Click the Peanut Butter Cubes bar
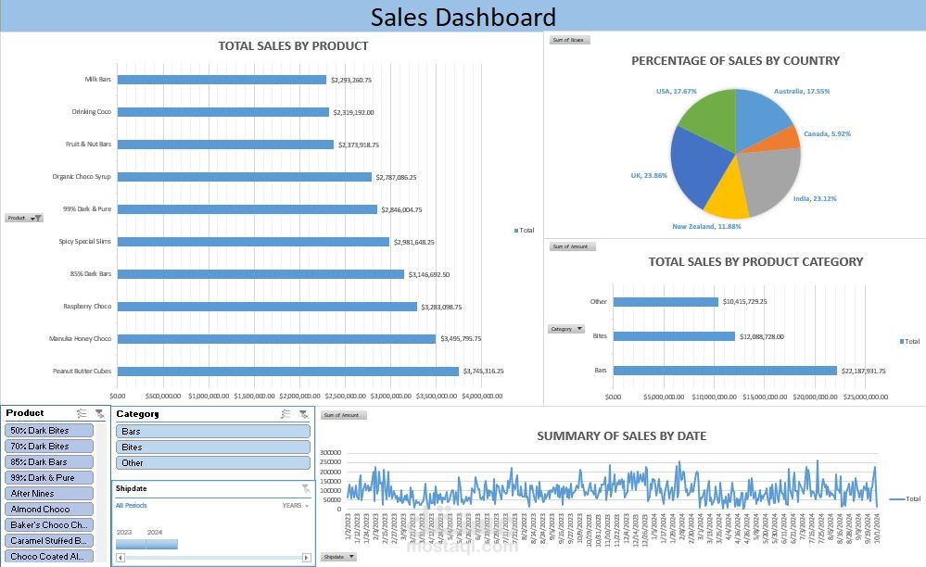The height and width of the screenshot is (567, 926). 288,372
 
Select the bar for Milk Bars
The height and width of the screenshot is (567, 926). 222,80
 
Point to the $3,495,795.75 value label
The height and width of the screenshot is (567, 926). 461,339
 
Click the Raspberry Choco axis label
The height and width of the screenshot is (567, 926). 87,307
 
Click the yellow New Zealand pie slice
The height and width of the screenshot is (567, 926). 727,196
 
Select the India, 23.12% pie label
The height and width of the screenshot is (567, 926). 815,199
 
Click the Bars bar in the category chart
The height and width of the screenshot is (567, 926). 724,371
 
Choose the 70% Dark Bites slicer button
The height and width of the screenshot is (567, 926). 50,447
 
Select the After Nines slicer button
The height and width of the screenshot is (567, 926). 50,494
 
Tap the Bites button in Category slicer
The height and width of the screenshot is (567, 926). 212,447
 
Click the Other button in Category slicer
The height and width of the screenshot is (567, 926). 212,463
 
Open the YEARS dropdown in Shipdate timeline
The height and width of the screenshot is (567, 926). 296,506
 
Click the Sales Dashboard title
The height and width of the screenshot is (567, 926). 463,17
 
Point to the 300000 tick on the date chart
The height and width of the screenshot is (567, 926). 331,453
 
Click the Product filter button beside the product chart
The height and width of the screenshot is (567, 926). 24,218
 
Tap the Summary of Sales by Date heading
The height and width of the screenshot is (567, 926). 621,435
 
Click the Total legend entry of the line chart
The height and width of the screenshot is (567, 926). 904,498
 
